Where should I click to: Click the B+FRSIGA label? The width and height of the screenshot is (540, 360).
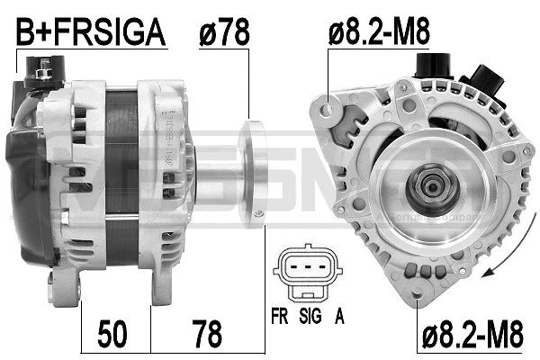93,33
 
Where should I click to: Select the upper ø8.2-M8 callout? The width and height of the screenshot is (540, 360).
379,33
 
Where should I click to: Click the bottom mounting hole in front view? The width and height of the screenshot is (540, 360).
416,292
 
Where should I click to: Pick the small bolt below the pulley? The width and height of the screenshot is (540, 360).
260,213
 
